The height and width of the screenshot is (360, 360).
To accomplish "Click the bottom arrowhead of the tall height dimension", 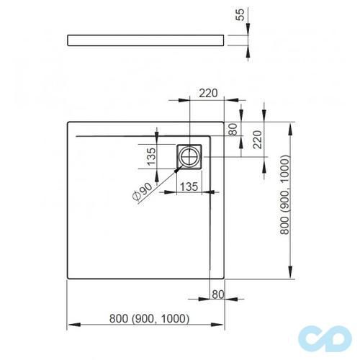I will click(x=290, y=276).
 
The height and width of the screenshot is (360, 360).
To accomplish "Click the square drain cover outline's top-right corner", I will click(x=204, y=143).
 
